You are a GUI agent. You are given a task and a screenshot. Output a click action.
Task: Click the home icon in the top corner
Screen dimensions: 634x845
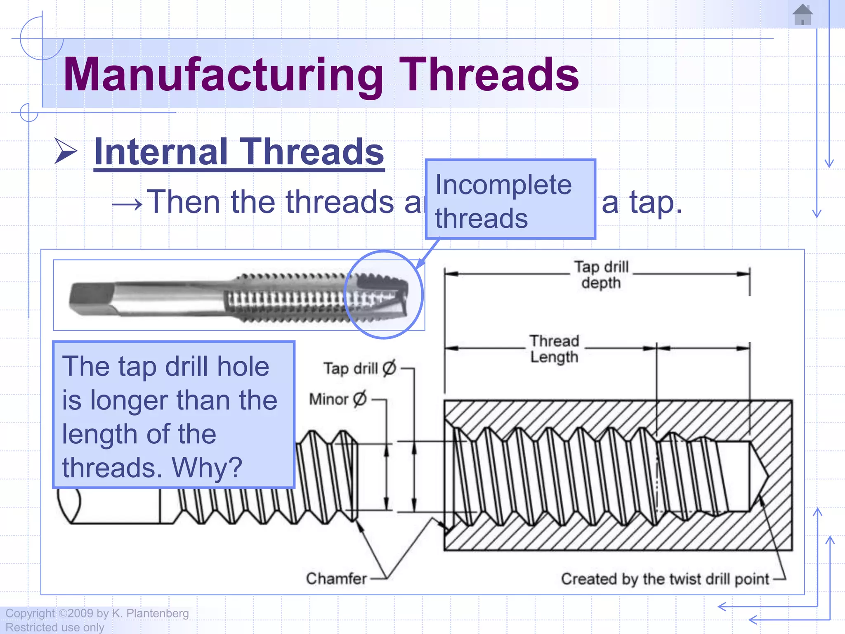(803, 14)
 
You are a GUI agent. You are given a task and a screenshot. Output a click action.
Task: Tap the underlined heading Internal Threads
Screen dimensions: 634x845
(239, 152)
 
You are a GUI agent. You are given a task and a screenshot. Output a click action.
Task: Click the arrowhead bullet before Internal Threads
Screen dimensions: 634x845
(66, 151)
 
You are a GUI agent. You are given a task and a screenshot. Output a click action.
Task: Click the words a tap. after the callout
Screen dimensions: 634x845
(642, 203)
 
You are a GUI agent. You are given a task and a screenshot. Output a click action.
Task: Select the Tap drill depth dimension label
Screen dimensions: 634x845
(601, 275)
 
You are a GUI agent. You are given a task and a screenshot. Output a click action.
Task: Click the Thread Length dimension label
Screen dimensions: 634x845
(554, 349)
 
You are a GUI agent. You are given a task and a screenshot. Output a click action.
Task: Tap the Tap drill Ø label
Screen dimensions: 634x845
(359, 368)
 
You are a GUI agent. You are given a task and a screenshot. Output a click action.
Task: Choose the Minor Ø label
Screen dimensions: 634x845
(338, 399)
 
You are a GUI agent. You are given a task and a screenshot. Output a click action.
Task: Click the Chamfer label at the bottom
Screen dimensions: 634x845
(336, 578)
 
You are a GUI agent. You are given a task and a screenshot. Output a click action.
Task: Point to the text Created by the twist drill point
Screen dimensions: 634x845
(665, 579)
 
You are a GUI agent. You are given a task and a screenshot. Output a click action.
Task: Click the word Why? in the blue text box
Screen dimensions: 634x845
(207, 468)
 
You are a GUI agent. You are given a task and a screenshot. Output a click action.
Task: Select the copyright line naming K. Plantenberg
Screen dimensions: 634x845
(97, 613)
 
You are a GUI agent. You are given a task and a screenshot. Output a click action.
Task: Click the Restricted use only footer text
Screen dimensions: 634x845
(55, 627)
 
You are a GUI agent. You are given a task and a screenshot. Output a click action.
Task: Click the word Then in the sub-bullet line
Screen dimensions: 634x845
(183, 202)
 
